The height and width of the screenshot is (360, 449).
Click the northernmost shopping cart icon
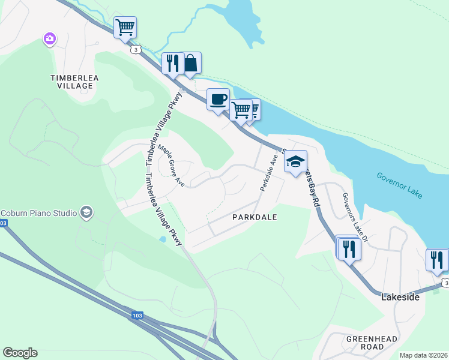(x=125, y=27)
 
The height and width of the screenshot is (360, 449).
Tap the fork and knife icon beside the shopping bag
(x=172, y=63)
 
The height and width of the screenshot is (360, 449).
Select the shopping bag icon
(x=190, y=62)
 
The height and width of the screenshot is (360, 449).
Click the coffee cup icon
(x=218, y=98)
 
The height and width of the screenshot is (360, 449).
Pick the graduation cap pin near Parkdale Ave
(x=295, y=161)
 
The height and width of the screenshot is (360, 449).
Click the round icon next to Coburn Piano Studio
(x=86, y=212)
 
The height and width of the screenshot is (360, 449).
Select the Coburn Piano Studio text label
(x=38, y=212)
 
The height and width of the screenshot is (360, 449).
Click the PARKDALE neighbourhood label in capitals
(x=255, y=217)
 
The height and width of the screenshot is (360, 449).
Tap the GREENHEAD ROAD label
(x=372, y=343)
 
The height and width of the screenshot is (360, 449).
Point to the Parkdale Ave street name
(x=268, y=172)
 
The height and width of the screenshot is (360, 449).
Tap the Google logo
(x=20, y=353)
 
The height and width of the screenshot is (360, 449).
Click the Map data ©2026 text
(x=423, y=355)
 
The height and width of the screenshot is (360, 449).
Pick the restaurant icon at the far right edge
(x=438, y=259)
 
